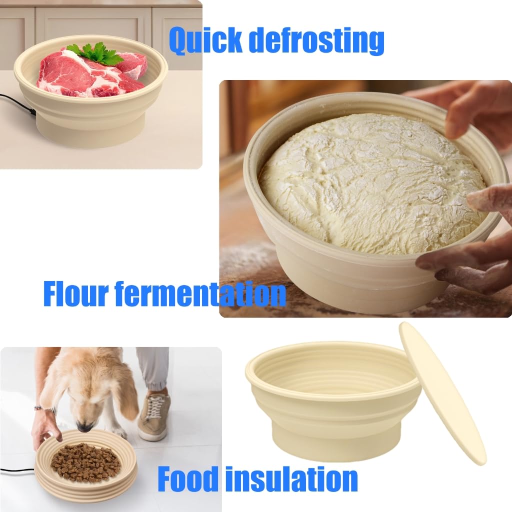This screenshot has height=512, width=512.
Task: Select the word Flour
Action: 76,294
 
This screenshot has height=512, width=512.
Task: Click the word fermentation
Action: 200,294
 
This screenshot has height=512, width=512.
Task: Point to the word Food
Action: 188,478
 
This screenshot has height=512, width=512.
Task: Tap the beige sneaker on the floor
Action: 154,416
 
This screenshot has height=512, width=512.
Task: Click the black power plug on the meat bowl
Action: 32,111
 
